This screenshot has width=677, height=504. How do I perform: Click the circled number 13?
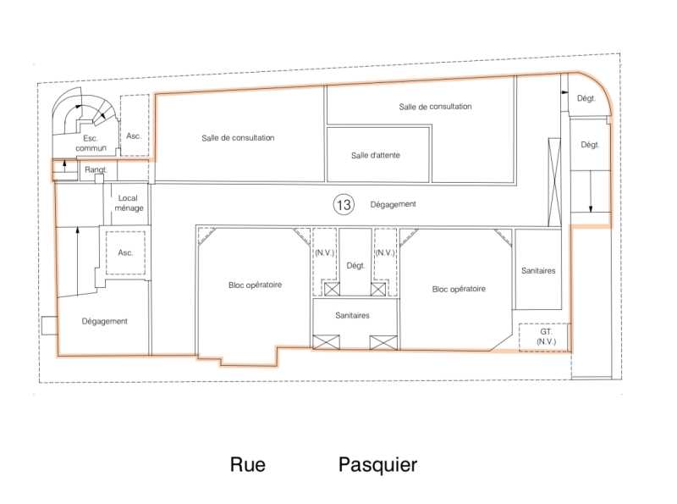(344, 204)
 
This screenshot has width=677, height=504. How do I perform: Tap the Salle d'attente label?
(375, 155)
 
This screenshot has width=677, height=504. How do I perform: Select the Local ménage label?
(129, 202)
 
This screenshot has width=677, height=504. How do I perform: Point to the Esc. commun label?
(91, 143)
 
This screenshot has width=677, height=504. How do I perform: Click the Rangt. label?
(96, 169)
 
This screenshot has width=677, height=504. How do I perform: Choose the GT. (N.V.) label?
(546, 336)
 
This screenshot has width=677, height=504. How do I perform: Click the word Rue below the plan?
(248, 465)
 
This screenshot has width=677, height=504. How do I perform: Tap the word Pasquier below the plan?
(377, 465)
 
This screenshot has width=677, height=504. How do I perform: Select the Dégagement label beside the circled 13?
(393, 204)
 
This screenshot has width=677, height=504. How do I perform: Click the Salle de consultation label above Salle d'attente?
(435, 107)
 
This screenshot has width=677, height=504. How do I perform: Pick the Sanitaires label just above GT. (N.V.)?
(538, 270)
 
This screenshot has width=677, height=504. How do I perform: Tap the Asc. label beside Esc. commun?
(134, 136)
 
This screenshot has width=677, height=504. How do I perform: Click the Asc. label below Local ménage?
(125, 252)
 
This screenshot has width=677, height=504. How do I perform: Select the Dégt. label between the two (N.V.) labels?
(355, 266)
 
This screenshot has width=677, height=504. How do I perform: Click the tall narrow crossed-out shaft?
(554, 182)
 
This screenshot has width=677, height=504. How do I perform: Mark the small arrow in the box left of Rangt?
(64, 165)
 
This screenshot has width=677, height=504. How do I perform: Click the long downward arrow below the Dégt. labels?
(591, 191)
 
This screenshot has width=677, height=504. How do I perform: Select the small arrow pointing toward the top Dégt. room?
(564, 92)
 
